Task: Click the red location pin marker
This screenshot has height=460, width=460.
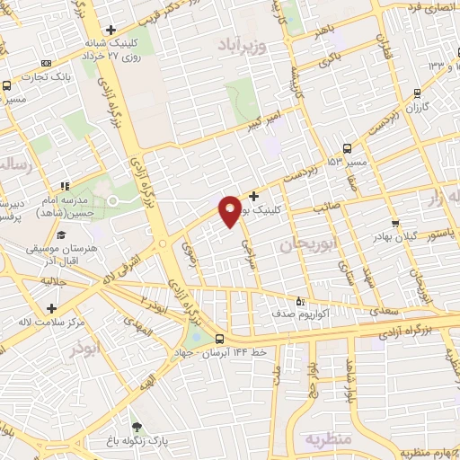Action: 231,210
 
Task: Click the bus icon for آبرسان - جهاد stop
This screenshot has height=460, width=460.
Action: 220,339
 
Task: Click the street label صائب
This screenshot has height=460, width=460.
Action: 324,208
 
